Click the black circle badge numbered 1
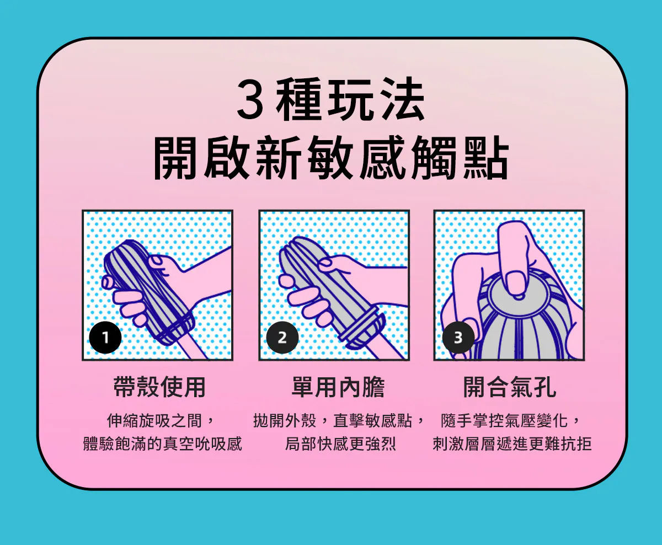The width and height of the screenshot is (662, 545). click(x=105, y=338)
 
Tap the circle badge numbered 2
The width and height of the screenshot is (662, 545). click(x=282, y=338)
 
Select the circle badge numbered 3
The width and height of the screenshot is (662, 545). click(x=458, y=338)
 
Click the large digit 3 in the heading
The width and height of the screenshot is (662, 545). click(x=250, y=99)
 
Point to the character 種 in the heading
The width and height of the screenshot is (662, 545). click(x=299, y=99)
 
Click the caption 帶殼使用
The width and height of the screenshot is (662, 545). click(x=159, y=387)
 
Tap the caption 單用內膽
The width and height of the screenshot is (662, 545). click(x=338, y=387)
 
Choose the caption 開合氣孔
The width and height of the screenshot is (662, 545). click(x=510, y=387)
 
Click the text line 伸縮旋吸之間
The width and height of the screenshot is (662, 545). click(x=154, y=421)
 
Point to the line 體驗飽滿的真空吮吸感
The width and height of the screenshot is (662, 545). click(x=163, y=444)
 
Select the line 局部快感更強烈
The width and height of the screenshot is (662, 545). click(x=340, y=444)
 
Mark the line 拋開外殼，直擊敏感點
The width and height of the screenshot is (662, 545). click(x=333, y=421)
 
